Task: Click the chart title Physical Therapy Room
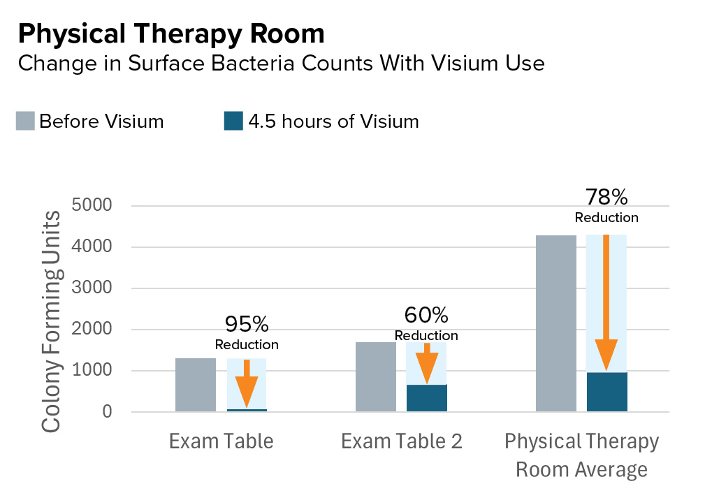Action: [170, 34]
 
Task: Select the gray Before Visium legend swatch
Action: [25, 122]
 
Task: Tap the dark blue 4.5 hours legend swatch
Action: [232, 122]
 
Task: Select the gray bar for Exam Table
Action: [196, 385]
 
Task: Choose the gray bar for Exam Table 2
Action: [376, 377]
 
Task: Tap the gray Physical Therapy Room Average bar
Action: [556, 323]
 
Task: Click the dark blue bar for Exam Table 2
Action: [426, 398]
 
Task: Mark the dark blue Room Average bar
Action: [606, 392]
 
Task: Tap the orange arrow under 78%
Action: [606, 300]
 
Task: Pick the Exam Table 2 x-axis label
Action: [402, 441]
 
